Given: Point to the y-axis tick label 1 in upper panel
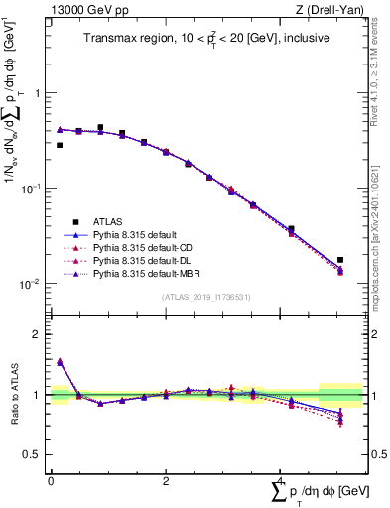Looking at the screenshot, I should tap(37, 93).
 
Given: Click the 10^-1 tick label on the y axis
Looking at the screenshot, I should tap(32, 189).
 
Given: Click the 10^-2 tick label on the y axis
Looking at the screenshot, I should tap(32, 284).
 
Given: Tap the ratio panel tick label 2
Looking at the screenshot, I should tap(37, 335).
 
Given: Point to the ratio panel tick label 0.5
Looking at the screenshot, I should tap(33, 454).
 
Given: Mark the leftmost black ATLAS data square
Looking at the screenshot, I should tap(60, 145).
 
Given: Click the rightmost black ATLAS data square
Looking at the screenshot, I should tap(340, 260).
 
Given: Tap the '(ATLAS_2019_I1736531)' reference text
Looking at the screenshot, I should tap(206, 298).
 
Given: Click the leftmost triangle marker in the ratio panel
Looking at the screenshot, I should tap(60, 362).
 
